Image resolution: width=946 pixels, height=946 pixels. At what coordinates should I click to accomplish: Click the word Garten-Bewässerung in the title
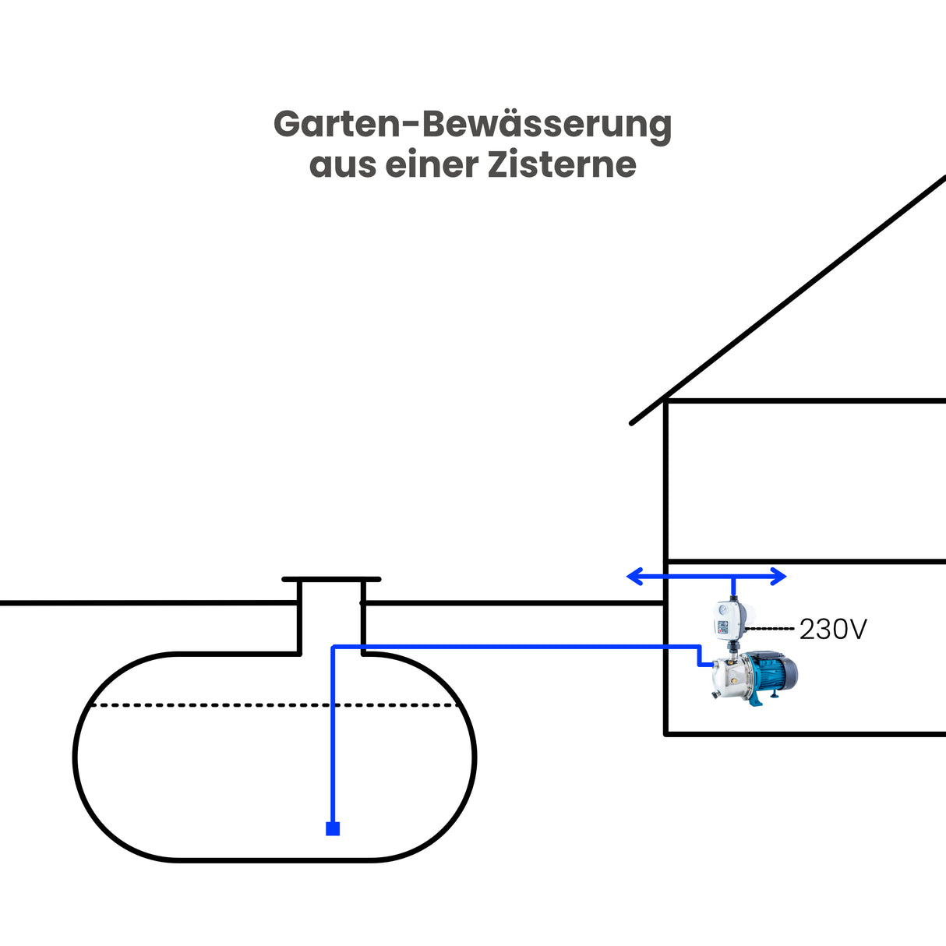pyautogui.click(x=472, y=125)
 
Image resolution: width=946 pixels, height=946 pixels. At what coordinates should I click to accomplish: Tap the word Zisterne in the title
pyautogui.click(x=561, y=164)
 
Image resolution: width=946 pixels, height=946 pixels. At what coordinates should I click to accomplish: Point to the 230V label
pyautogui.click(x=832, y=629)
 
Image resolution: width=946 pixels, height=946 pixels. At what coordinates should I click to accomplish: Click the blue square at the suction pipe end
pyautogui.click(x=333, y=828)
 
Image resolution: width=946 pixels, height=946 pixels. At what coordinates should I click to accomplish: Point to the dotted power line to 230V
pyautogui.click(x=770, y=628)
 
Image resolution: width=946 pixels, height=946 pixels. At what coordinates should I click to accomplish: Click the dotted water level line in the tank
pyautogui.click(x=273, y=705)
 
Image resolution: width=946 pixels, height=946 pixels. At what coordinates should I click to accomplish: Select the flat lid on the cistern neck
pyautogui.click(x=331, y=580)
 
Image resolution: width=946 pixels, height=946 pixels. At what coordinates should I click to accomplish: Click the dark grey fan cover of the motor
pyautogui.click(x=790, y=671)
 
